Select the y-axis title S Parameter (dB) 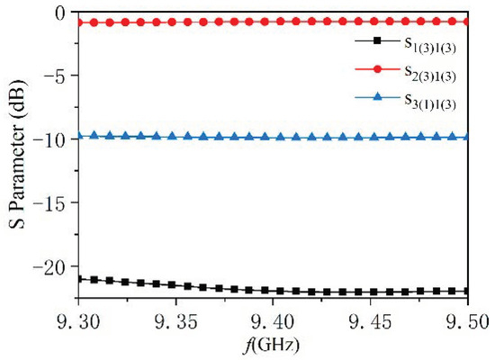17,156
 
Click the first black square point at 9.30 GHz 81,279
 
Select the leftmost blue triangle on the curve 81,136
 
